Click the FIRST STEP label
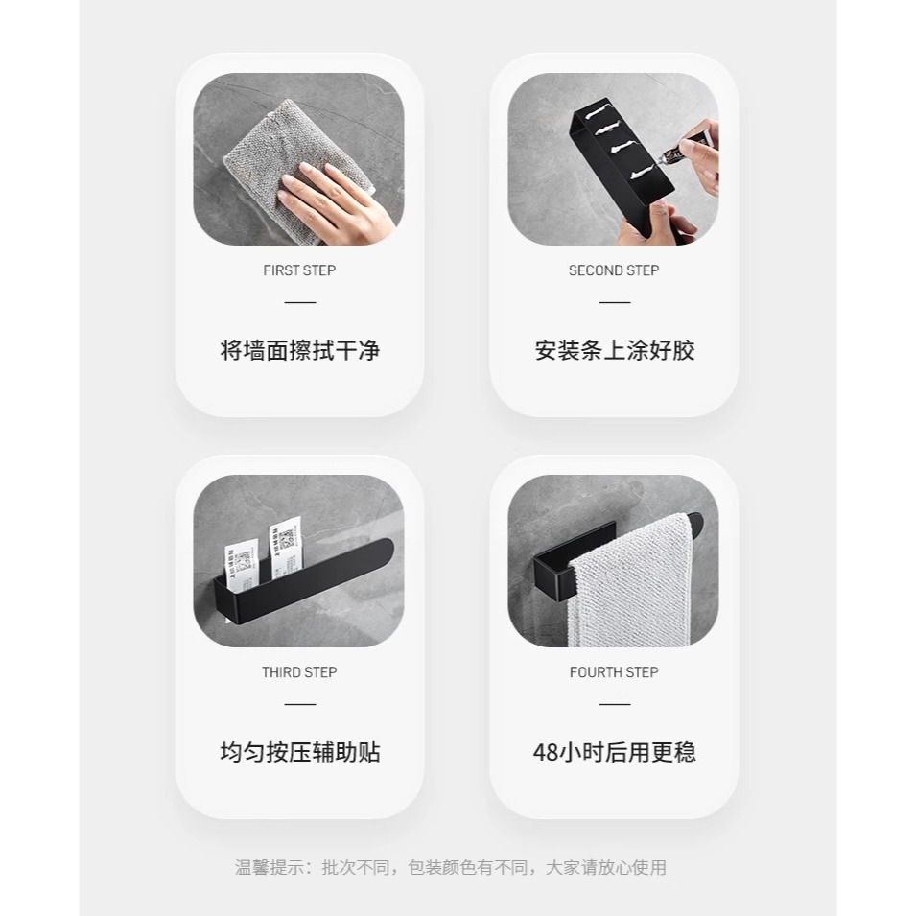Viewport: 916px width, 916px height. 299,270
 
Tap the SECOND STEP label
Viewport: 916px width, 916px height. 614,270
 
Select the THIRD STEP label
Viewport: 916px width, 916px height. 299,672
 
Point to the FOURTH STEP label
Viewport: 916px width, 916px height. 614,672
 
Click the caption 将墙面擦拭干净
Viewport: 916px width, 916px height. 299,350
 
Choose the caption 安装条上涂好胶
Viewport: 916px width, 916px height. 614,350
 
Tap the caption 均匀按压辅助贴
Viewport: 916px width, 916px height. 299,751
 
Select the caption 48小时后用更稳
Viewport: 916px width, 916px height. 614,751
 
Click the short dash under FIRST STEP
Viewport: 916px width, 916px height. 299,302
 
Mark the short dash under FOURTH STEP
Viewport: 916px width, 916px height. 614,704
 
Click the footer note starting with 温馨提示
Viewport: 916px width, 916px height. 451,868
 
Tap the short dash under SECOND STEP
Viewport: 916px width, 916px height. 614,302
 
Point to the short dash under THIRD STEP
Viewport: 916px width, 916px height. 299,704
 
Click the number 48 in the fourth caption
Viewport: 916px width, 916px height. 545,751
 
